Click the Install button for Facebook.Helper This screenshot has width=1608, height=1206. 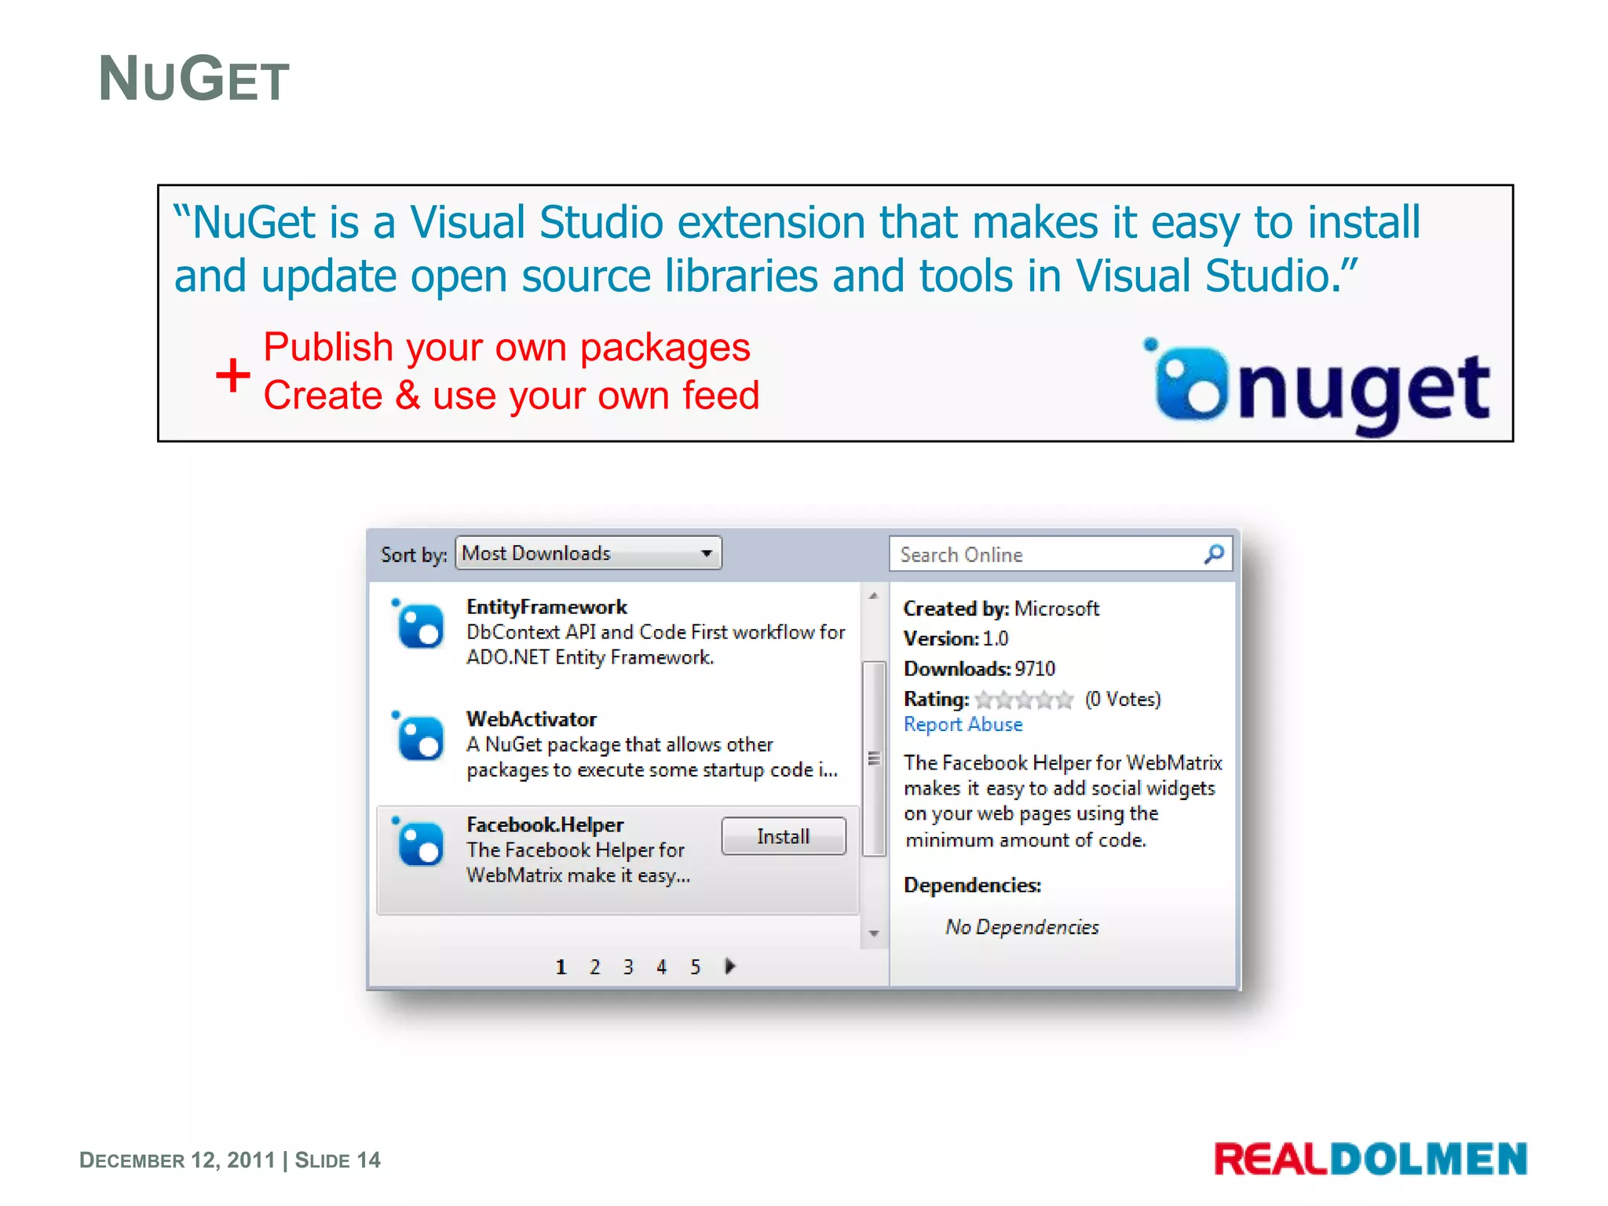[x=783, y=836]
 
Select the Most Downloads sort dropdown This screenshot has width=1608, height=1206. [x=587, y=554]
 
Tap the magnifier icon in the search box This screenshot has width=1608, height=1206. [x=1214, y=554]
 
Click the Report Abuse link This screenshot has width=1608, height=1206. [x=963, y=725]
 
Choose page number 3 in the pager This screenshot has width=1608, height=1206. [x=628, y=967]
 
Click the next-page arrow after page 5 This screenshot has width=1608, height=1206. [x=730, y=967]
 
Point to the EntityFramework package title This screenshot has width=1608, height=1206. [x=546, y=607]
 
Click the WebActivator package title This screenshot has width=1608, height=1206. [x=532, y=719]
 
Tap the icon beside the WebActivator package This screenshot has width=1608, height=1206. [x=419, y=738]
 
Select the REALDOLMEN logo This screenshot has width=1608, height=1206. [x=1370, y=1160]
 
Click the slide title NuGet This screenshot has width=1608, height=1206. [x=194, y=79]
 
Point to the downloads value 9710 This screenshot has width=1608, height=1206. [x=1035, y=669]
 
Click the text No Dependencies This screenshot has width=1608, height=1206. [x=1021, y=927]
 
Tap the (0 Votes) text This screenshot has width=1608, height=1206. [x=1123, y=699]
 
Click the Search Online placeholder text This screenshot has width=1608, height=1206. [x=961, y=555]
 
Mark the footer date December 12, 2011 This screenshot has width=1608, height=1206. [x=177, y=1160]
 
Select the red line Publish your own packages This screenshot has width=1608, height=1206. [x=506, y=347]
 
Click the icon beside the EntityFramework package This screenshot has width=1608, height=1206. [x=419, y=625]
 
